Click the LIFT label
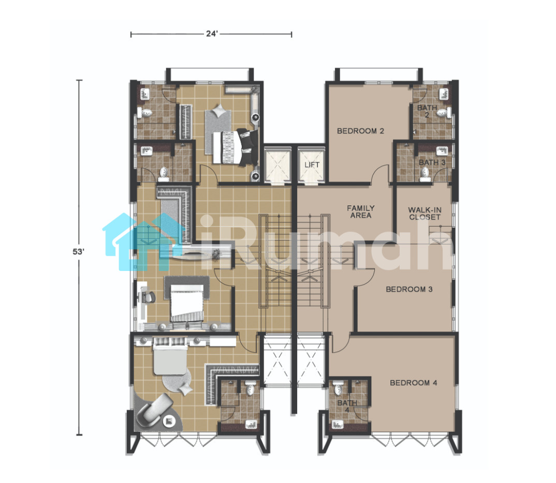click(312, 164)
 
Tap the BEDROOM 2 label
click(360, 131)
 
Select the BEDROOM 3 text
click(409, 289)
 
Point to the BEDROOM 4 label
click(413, 383)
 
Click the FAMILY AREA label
click(361, 212)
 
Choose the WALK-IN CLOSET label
click(425, 214)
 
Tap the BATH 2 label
click(427, 111)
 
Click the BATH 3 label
click(432, 162)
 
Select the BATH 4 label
click(347, 406)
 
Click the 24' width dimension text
click(212, 34)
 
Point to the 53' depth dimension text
click(78, 252)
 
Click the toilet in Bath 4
click(338, 388)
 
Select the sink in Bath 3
click(442, 151)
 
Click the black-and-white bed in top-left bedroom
click(235, 147)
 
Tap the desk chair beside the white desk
click(149, 297)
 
